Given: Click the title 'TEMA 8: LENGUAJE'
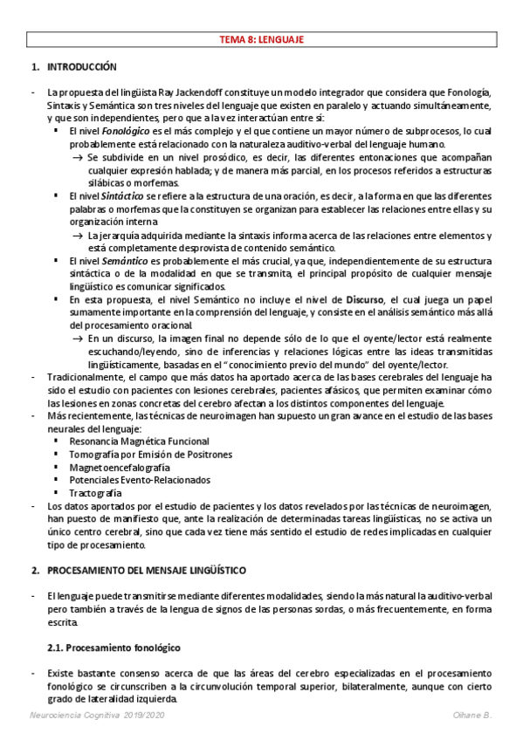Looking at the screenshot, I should click(261, 39).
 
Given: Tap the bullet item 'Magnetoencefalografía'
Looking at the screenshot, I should click(114, 468).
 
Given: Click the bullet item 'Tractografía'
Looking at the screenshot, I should click(95, 492).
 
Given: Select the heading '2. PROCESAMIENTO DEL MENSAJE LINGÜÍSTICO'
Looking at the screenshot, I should click(146, 569).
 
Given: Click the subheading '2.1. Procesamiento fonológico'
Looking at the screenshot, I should click(114, 647).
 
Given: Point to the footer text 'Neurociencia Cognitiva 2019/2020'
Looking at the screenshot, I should click(93, 716).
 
